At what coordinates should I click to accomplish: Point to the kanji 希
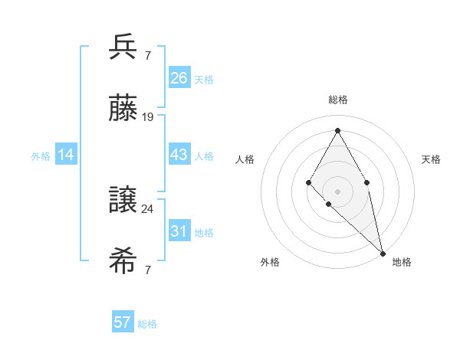[123, 261]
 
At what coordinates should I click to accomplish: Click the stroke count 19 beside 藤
[148, 117]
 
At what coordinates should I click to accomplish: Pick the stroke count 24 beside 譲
[148, 208]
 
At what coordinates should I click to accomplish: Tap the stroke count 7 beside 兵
[147, 56]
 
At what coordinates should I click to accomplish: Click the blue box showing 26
[179, 78]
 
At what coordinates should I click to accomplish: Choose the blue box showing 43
[179, 155]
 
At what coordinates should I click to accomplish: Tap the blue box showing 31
[179, 231]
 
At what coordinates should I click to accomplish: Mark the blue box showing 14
[66, 155]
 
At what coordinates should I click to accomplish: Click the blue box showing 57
[123, 322]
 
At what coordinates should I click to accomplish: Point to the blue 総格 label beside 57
[147, 324]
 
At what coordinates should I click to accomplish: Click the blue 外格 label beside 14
[41, 156]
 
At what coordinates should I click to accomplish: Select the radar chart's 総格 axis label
[337, 100]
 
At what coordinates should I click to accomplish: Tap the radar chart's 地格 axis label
[402, 262]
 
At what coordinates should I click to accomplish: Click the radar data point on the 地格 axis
[383, 252]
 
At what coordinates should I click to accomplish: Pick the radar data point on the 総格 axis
[337, 131]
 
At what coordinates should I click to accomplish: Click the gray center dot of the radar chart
[337, 191]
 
